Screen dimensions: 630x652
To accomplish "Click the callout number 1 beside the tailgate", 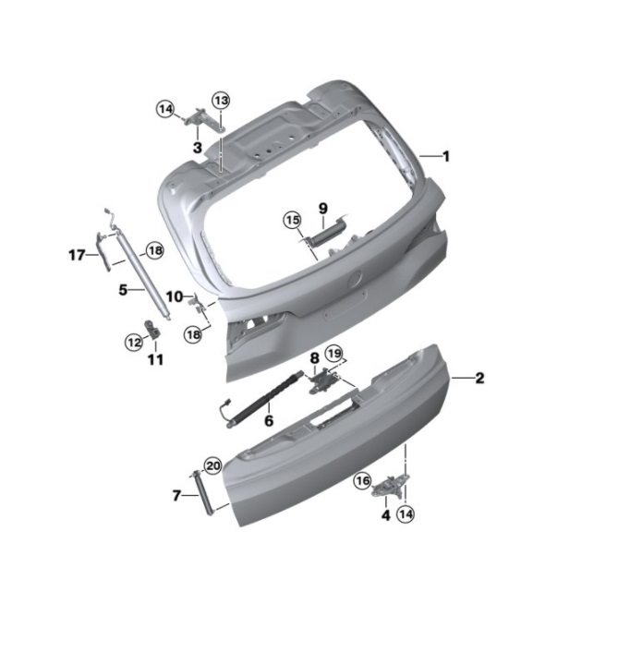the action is (x=446, y=157).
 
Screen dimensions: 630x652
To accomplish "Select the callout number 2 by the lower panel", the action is (x=479, y=378).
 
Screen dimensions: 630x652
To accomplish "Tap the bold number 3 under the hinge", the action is (x=198, y=147).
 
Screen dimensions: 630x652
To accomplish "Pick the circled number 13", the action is (x=221, y=101).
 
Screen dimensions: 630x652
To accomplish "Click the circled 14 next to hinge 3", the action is (x=166, y=109).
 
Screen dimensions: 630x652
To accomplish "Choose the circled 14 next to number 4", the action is (x=406, y=514).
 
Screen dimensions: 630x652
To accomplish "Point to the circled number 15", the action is (x=292, y=220).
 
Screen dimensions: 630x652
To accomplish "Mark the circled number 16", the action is (x=362, y=481).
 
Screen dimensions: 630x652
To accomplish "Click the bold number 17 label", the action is (x=77, y=255).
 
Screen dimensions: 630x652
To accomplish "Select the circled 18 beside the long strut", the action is (x=154, y=251).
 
